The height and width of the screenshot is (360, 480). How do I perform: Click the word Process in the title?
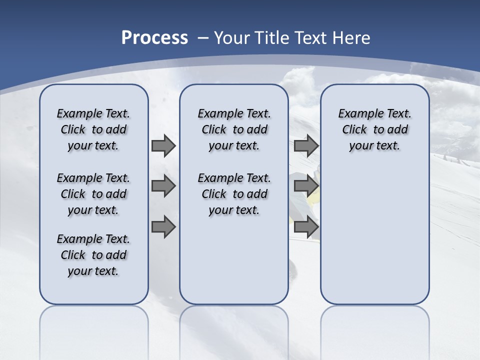154,37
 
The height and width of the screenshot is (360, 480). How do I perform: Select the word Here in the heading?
350,38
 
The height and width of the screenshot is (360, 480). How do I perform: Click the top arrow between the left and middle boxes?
163,146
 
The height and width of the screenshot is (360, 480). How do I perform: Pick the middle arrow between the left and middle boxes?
163,186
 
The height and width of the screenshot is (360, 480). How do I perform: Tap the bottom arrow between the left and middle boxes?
163,227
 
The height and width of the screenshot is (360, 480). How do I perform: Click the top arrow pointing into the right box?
306,146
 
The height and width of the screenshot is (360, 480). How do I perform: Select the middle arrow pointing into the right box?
306,186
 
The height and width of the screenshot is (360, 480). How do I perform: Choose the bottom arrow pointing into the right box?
306,227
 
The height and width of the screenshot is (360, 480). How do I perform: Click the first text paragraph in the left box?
93,129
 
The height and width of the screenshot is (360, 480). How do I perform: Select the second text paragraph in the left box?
93,194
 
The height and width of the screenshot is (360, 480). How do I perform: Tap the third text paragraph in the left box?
93,255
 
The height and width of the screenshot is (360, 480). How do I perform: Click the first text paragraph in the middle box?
234,129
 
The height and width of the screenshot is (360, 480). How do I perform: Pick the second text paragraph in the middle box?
234,194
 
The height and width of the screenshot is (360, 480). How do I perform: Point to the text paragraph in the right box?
374,129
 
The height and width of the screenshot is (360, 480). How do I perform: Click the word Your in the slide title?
232,38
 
